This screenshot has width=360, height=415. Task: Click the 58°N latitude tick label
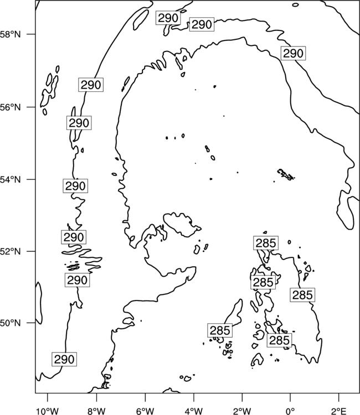[x=11, y=34]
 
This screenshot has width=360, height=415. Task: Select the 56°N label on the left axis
[x=11, y=107]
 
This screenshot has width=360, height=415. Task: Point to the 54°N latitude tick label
[x=11, y=180]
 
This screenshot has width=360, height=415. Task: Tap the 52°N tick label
[x=11, y=251]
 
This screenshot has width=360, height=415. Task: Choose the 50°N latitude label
[x=11, y=323]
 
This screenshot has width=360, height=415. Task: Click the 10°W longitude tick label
[x=47, y=411]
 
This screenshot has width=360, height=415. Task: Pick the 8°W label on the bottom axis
[x=96, y=411]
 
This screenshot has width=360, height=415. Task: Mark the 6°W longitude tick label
[x=145, y=411]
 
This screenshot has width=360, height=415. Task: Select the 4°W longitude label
[x=194, y=411]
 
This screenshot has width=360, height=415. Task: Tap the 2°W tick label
[x=242, y=411]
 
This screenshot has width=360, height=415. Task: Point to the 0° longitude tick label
[x=290, y=411]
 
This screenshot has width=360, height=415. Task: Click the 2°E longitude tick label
[x=339, y=411]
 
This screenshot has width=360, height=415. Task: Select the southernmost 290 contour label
[x=64, y=359]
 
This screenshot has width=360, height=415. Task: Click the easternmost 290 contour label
[x=293, y=53]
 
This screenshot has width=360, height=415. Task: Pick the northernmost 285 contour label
[x=266, y=243]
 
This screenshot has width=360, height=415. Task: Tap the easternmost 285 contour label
[x=302, y=294]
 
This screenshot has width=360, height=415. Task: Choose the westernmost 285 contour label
[x=220, y=330]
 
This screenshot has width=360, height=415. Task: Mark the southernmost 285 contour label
[x=279, y=340]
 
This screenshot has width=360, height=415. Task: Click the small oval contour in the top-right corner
[x=295, y=5]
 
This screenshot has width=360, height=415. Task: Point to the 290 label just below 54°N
[x=75, y=186]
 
